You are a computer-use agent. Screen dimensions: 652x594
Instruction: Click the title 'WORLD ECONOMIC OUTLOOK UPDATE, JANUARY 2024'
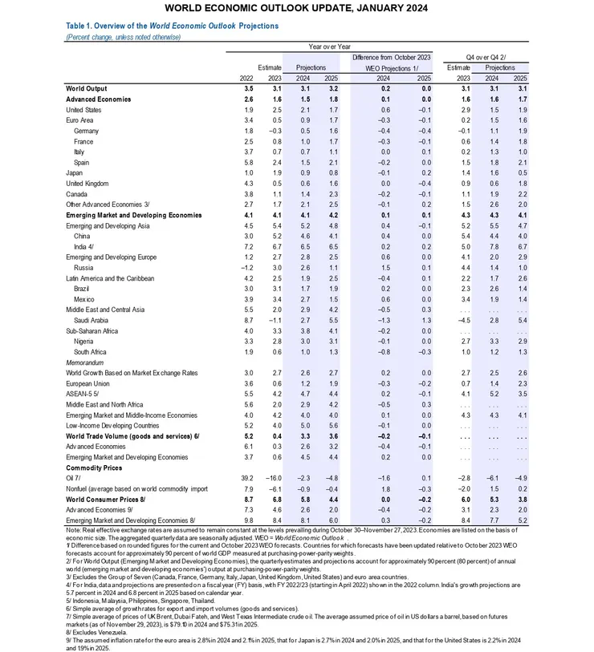[x=297, y=9]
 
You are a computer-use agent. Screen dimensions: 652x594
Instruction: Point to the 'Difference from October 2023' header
[x=391, y=58]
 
